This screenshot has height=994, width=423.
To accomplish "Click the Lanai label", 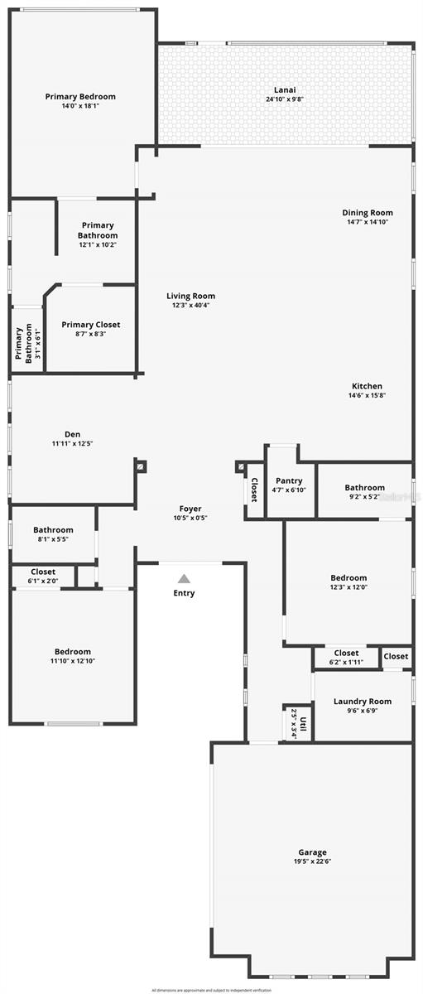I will (285, 90).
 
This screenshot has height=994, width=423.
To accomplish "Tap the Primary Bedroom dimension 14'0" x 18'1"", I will (79, 106).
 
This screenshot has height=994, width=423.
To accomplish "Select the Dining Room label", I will (368, 213).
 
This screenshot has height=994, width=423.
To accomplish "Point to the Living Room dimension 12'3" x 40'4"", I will (190, 306).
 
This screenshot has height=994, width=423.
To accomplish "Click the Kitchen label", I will (367, 386).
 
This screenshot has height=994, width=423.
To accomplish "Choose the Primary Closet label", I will (91, 325).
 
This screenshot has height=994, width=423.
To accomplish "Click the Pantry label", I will (289, 480).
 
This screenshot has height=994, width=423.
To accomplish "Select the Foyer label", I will (190, 509).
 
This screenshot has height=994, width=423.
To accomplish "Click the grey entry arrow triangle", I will (184, 578).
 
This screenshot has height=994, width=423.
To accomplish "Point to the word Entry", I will (184, 593).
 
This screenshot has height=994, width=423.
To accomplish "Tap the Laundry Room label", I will (363, 702).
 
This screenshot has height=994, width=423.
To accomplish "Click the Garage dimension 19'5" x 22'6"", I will (312, 861).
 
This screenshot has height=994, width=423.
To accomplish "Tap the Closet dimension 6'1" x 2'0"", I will (43, 581).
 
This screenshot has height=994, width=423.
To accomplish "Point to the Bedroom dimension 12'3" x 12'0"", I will (348, 587).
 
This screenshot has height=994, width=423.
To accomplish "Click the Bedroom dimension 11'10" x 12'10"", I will (73, 661).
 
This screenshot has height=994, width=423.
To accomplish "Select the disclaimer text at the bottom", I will (211, 989).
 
